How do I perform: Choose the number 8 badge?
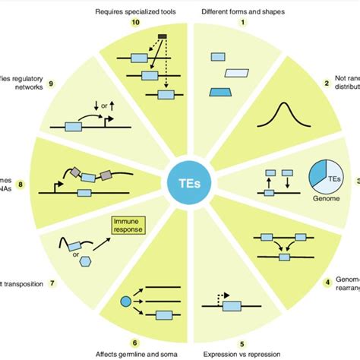(x=20, y=183)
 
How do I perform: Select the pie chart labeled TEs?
(x=330, y=172)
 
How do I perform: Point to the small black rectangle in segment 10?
(x=161, y=36)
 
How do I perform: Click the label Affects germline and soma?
(x=137, y=354)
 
